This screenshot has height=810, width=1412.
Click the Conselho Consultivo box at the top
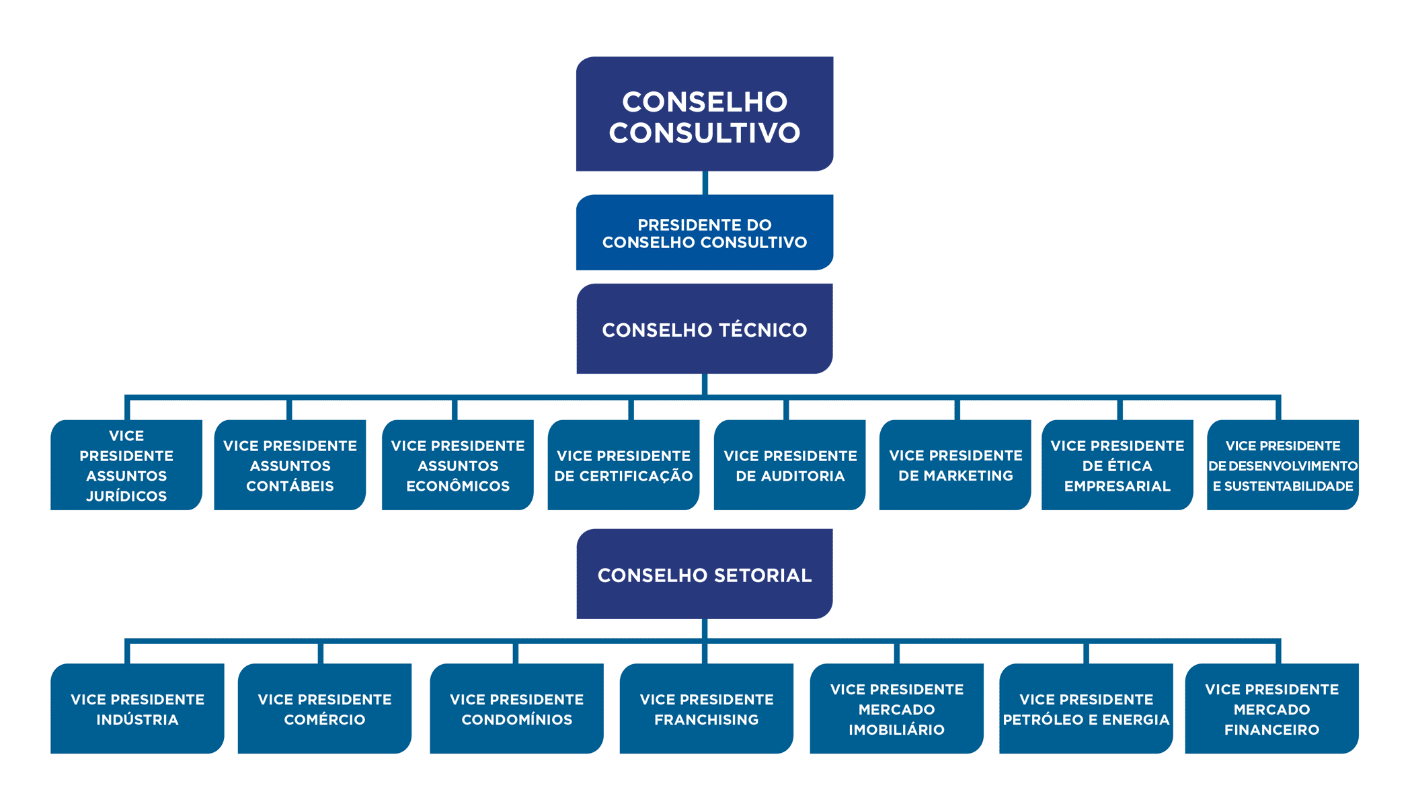pos(704,114)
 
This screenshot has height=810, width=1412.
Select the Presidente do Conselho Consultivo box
pos(704,233)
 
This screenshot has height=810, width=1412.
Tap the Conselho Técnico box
pos(704,329)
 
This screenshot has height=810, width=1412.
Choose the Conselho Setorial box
pos(704,575)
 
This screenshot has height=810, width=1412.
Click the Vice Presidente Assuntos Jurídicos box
pos(126,465)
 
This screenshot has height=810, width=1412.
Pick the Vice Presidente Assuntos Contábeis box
pos(290,465)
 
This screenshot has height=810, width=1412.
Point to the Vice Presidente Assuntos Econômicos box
pos(458,465)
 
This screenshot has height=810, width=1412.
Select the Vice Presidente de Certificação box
pos(623,465)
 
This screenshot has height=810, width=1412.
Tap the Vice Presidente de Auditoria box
pos(789,465)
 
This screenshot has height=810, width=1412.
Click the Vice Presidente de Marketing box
pos(955,465)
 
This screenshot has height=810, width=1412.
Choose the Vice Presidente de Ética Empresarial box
pos(1117,465)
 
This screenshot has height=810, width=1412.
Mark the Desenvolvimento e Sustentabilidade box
pos(1282,465)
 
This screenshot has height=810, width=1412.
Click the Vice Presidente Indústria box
pos(137,708)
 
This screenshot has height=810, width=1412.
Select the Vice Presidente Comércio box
pos(324,708)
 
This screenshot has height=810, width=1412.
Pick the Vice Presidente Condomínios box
pos(516,708)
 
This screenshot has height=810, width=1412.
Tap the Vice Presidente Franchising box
pos(706,708)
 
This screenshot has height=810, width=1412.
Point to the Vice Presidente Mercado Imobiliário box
pos(896,708)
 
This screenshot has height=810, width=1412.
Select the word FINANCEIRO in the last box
pos(1271,730)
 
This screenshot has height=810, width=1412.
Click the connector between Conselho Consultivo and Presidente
pos(705,183)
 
